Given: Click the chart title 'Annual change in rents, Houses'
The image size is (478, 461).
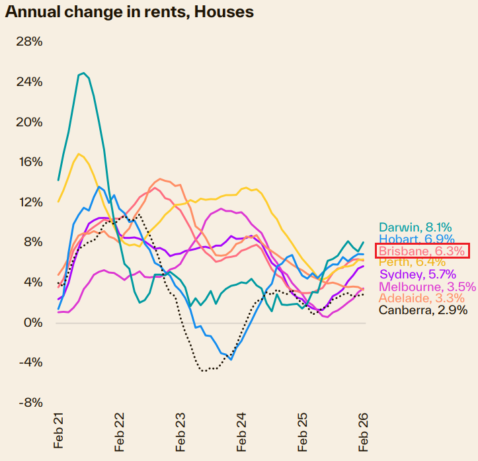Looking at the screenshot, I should pyautogui.click(x=130, y=12).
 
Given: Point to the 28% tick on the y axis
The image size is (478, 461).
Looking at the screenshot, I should pyautogui.click(x=28, y=42).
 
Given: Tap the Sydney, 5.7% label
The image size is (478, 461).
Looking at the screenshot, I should pyautogui.click(x=418, y=274).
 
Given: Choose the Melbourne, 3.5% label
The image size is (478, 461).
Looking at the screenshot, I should pyautogui.click(x=426, y=286).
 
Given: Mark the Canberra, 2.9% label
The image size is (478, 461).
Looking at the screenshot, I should pyautogui.click(x=422, y=310).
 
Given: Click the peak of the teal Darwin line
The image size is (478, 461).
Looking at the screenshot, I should pyautogui.click(x=83, y=73).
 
